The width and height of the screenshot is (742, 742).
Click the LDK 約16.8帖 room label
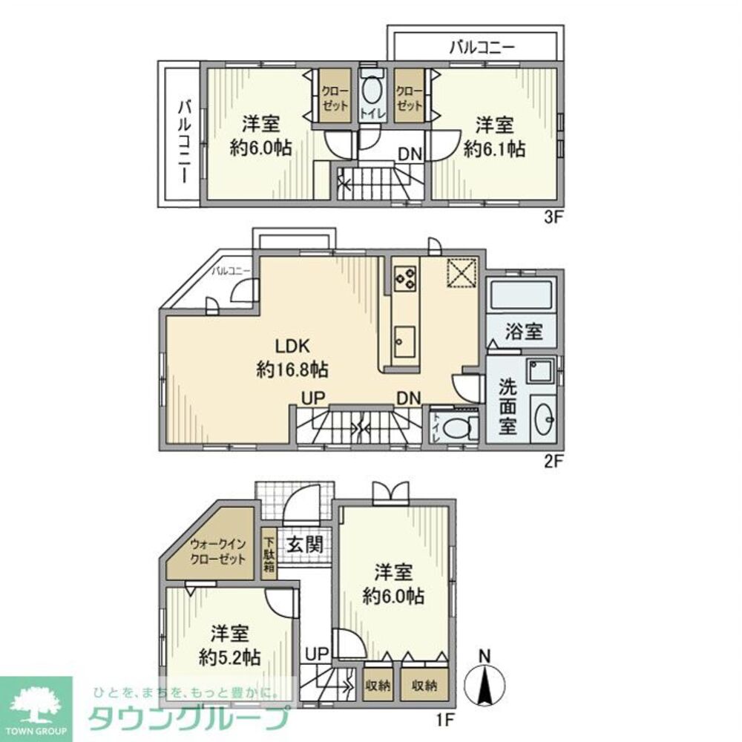[x=292, y=357]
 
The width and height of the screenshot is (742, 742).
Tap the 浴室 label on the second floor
[x=524, y=332]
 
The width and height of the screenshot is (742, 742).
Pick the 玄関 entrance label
[x=304, y=544]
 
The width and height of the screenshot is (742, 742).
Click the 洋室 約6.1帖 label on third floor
[x=494, y=136]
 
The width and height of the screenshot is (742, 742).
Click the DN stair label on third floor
[x=410, y=154]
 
